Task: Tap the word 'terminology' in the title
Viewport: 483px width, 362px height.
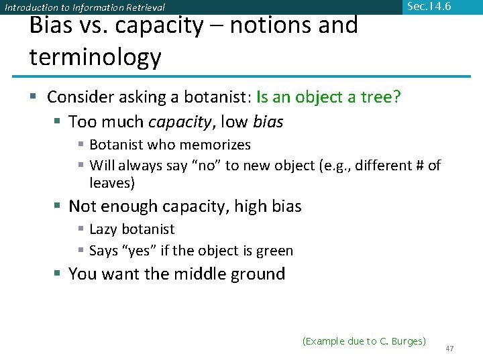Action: pyautogui.click(x=95, y=58)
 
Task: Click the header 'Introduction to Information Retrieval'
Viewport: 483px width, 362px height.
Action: pyautogui.click(x=85, y=8)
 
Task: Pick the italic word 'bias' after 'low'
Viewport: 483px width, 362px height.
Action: pyautogui.click(x=268, y=122)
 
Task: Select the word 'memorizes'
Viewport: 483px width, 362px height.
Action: pyautogui.click(x=218, y=145)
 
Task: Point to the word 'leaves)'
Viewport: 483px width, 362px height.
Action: pyautogui.click(x=113, y=182)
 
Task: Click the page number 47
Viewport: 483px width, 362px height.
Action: pyautogui.click(x=449, y=349)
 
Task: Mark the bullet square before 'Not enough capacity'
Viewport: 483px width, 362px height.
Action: pyautogui.click(x=58, y=206)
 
